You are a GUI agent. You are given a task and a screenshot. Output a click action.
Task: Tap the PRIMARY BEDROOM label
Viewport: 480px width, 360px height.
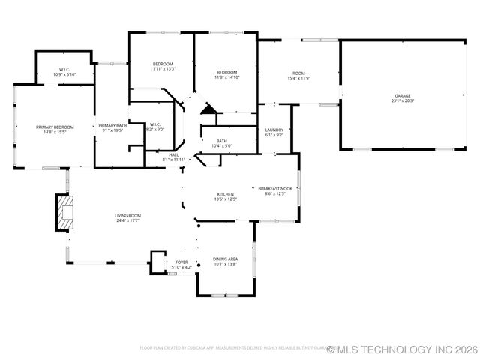pyautogui.click(x=55, y=127)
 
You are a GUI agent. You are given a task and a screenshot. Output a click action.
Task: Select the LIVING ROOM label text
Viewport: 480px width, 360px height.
pyautogui.click(x=128, y=216)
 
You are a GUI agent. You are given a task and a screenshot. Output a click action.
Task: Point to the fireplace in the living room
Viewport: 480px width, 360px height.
pyautogui.click(x=67, y=212)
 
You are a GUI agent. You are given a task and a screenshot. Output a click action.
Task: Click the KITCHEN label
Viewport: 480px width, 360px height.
pyautogui.click(x=226, y=194)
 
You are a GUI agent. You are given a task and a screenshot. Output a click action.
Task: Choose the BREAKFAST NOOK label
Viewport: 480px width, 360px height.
pyautogui.click(x=275, y=189)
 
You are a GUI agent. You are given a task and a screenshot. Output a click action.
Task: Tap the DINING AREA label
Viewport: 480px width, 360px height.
pyautogui.click(x=226, y=259)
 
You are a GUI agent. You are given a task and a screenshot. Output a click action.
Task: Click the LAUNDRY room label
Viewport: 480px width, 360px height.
pyautogui.click(x=274, y=130)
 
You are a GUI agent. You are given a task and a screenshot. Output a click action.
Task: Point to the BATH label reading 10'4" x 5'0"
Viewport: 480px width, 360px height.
pyautogui.click(x=222, y=141)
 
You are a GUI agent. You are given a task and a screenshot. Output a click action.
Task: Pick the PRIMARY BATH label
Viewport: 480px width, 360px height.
pyautogui.click(x=112, y=126)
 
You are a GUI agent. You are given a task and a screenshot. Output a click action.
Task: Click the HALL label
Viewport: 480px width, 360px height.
pyautogui.click(x=173, y=154)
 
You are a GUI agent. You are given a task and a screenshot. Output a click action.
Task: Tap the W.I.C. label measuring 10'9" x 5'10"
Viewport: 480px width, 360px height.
pyautogui.click(x=64, y=70)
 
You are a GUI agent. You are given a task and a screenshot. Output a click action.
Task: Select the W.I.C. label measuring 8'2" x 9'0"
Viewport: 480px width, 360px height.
pyautogui.click(x=154, y=124)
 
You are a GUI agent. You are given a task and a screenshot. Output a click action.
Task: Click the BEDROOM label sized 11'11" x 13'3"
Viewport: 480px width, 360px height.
pyautogui.click(x=163, y=64)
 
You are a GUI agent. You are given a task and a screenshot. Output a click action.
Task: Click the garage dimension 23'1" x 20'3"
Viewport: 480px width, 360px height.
pyautogui.click(x=402, y=101)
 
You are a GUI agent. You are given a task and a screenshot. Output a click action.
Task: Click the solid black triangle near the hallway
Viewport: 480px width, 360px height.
pyautogui.click(x=208, y=109)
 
